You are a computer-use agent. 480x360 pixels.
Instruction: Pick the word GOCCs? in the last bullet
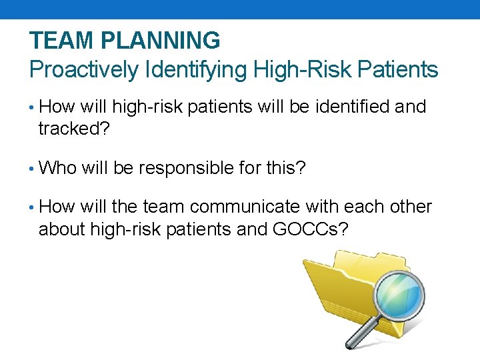(310, 229)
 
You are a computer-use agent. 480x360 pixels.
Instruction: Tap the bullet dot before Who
(32, 169)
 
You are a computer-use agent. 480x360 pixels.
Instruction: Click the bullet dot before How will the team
(32, 208)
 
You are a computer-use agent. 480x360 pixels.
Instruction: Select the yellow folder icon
(333, 287)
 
